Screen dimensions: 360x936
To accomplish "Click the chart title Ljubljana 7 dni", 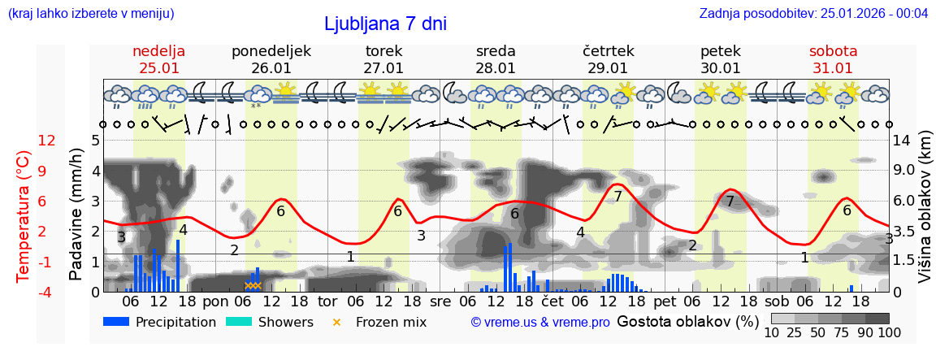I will click(385, 24).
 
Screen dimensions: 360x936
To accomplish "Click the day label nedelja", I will click(159, 51).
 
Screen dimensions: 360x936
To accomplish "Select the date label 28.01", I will click(496, 68).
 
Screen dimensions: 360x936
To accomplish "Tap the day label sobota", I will click(833, 51).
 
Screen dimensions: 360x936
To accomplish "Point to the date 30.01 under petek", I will click(721, 68).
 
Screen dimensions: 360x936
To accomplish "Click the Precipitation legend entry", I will click(160, 322).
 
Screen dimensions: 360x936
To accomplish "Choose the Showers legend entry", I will click(270, 322).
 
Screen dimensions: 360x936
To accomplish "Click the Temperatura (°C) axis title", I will click(24, 215).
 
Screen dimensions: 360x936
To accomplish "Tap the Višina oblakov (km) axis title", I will click(925, 215).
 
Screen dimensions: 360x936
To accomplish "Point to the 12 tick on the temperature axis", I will click(46, 141).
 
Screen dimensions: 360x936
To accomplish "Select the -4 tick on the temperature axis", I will click(46, 292).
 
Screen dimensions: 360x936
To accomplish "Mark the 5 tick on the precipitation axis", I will click(95, 141).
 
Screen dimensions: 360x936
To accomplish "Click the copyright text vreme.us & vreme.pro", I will click(540, 322).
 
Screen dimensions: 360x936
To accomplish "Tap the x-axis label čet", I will click(552, 301).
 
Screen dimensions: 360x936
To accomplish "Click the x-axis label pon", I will click(215, 301).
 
